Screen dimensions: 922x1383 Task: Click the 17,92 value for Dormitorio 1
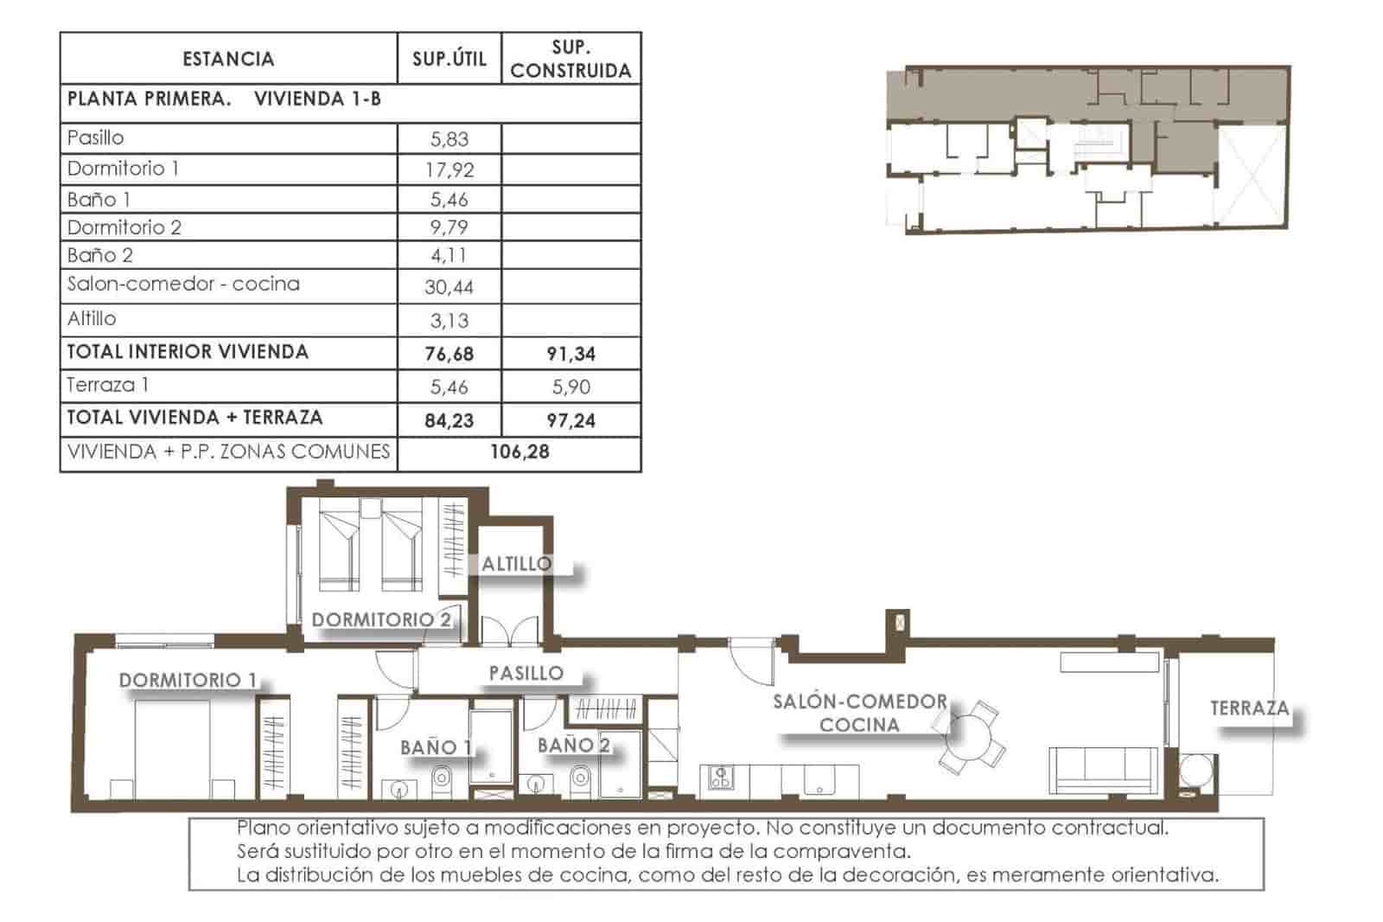(x=449, y=170)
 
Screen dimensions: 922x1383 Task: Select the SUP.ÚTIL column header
(x=449, y=59)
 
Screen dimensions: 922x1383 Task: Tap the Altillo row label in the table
(x=92, y=319)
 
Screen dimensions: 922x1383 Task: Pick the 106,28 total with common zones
(x=519, y=452)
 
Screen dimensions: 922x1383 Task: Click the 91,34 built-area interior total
(x=570, y=354)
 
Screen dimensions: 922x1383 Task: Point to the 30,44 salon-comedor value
(x=449, y=287)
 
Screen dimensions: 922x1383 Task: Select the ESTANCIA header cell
(x=228, y=59)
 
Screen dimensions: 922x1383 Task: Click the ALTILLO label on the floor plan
(x=516, y=564)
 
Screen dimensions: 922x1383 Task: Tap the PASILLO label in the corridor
(x=526, y=673)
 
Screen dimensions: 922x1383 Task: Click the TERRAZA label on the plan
(x=1249, y=708)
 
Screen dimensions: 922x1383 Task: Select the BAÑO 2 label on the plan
(x=573, y=746)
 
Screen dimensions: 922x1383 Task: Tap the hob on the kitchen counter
(x=720, y=778)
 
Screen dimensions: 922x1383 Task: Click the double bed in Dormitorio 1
(x=173, y=748)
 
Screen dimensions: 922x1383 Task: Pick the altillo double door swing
(x=510, y=631)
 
